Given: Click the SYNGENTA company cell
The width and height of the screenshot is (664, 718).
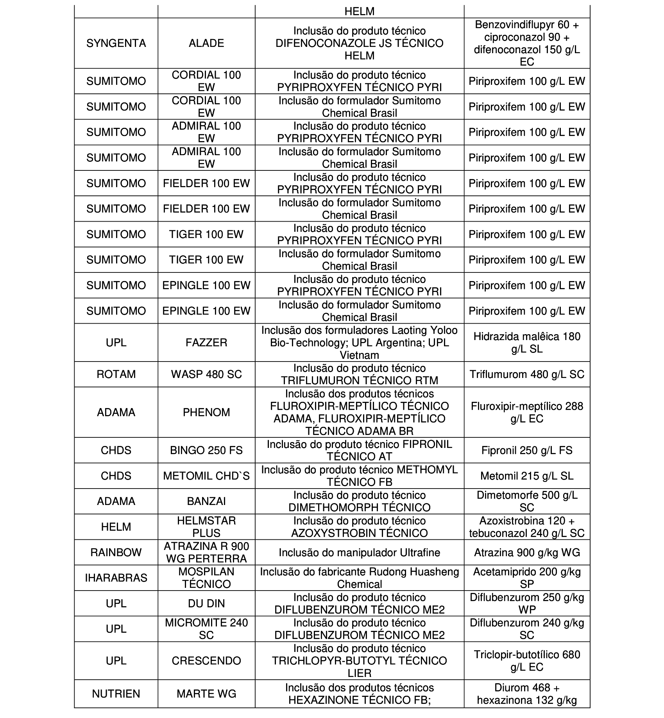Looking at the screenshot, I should (x=116, y=43).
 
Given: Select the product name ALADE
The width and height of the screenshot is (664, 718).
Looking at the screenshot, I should (x=206, y=43).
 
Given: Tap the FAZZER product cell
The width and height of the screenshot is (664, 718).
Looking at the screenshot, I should (x=206, y=342).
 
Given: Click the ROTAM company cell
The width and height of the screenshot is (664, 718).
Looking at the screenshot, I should (x=116, y=374).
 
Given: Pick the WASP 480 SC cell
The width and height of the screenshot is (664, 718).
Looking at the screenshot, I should (x=206, y=374).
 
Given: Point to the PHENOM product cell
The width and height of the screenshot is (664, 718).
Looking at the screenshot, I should (x=206, y=412).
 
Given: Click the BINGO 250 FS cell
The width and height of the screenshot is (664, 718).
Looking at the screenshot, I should (x=206, y=450).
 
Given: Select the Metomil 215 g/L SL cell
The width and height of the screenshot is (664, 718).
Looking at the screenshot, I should (x=527, y=476).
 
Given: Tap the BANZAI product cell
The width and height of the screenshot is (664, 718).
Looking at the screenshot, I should (x=206, y=501).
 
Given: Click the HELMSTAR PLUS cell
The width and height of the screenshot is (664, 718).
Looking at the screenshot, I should (x=206, y=526).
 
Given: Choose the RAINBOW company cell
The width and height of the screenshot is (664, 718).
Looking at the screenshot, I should (x=116, y=552).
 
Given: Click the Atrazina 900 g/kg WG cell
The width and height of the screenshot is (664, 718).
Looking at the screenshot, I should (x=527, y=552).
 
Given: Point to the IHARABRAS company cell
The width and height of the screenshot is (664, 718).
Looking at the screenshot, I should (x=116, y=578).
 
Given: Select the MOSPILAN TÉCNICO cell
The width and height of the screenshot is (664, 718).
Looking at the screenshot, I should (x=206, y=578).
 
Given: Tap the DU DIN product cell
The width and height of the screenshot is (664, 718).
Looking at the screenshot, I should (x=206, y=603).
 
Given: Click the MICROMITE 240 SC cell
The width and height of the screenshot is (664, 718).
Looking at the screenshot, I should (x=206, y=628).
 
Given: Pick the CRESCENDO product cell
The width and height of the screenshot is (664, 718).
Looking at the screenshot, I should (x=206, y=661).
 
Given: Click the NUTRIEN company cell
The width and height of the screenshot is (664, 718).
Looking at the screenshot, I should (x=116, y=694).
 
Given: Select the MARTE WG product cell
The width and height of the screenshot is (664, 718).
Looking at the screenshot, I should (x=206, y=694).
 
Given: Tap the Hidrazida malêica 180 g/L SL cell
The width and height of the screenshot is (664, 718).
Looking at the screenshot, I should (x=527, y=342).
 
